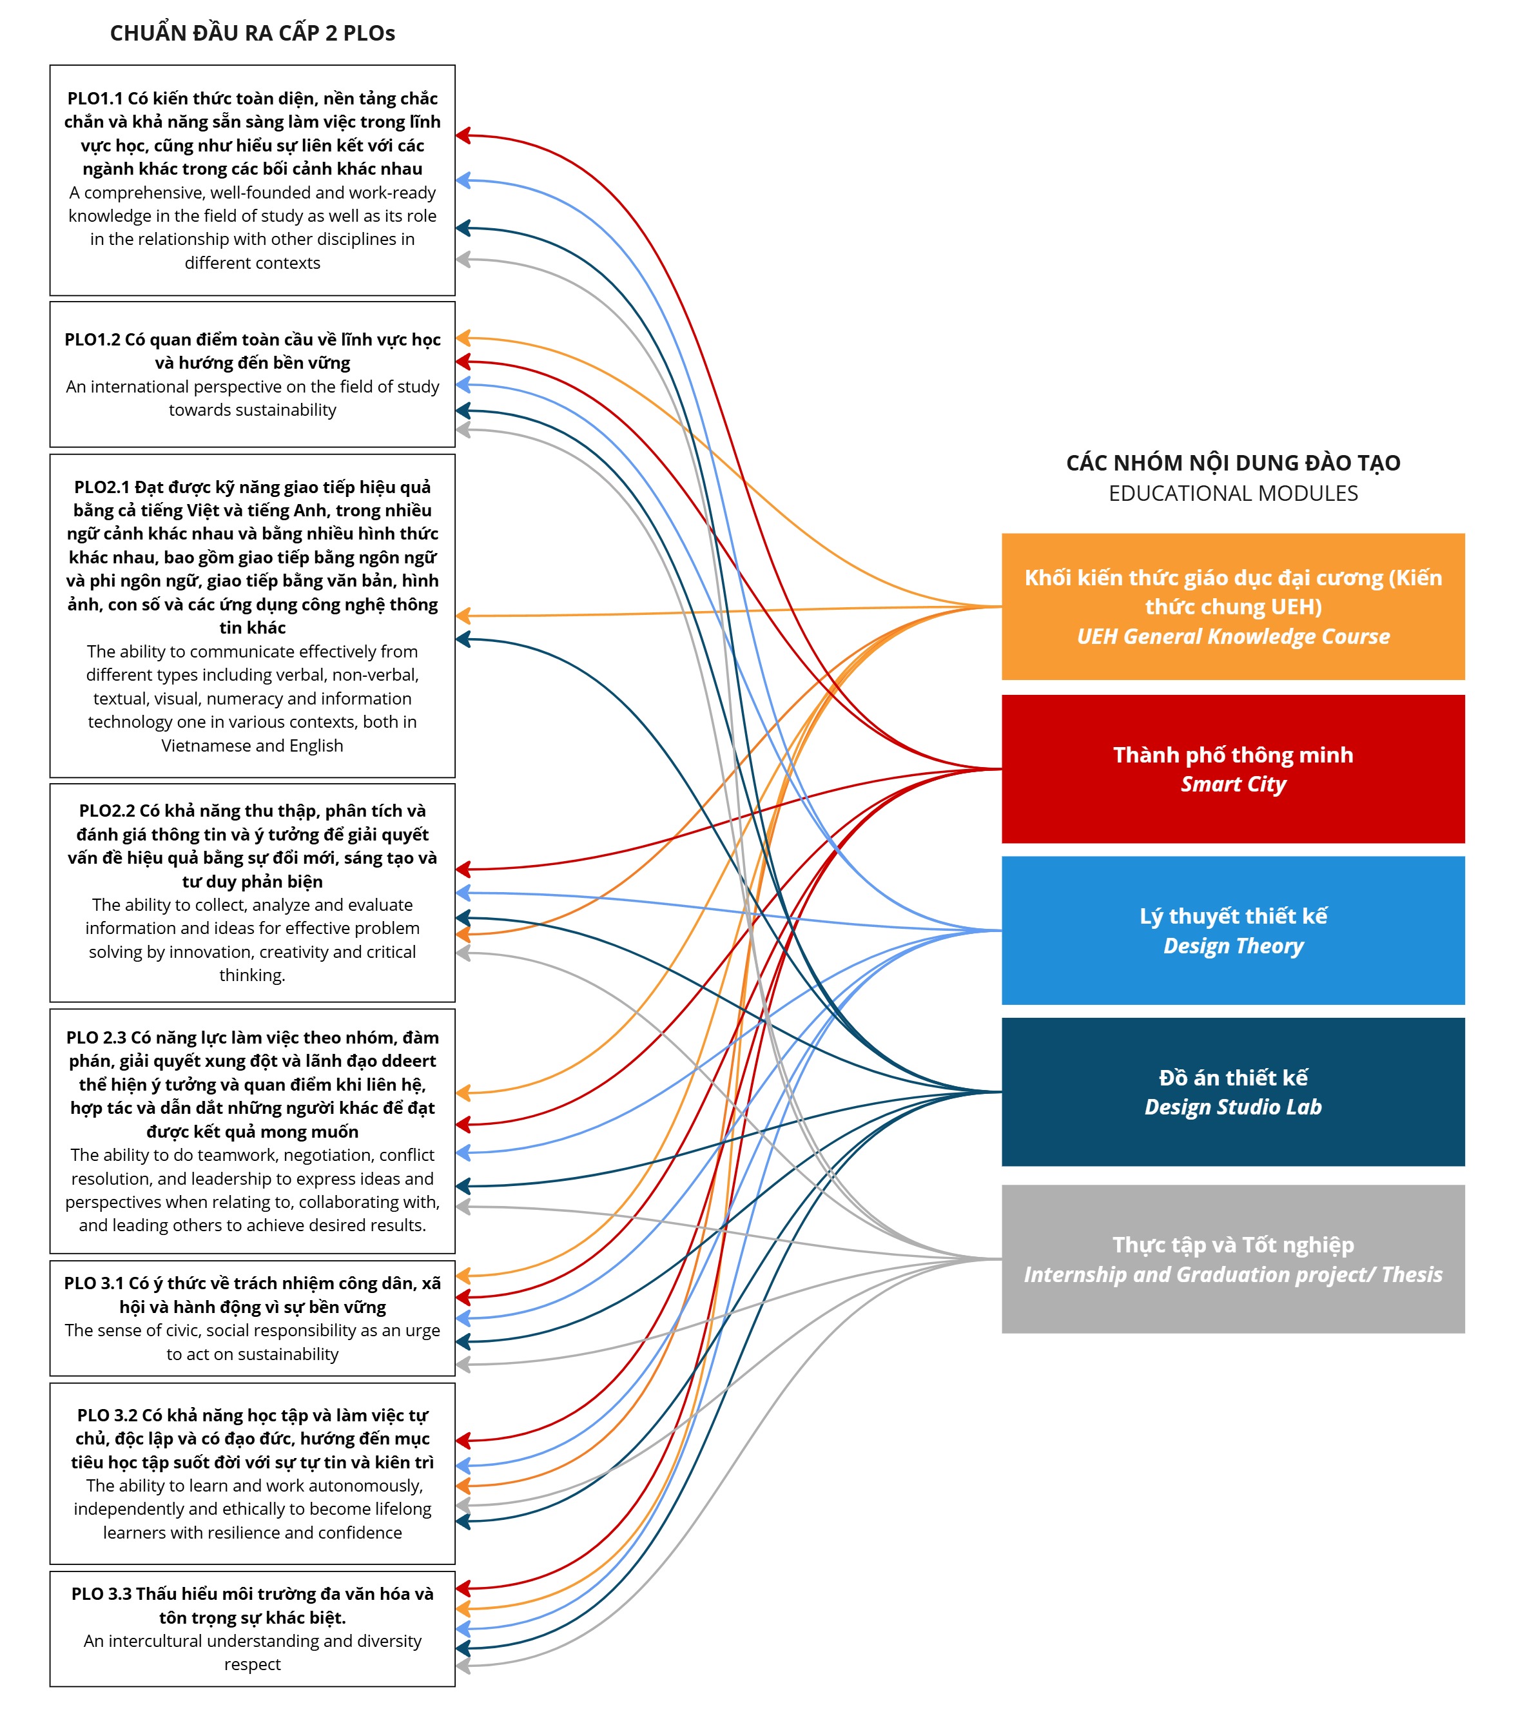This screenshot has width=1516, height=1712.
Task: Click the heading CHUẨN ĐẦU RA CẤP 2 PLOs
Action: (x=252, y=34)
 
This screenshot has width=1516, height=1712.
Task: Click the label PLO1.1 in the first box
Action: (x=95, y=99)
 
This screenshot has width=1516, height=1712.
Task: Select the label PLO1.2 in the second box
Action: (x=92, y=339)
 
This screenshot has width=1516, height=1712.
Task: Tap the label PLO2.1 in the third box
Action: (x=101, y=487)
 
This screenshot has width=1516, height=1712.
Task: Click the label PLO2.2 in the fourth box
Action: (x=106, y=811)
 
